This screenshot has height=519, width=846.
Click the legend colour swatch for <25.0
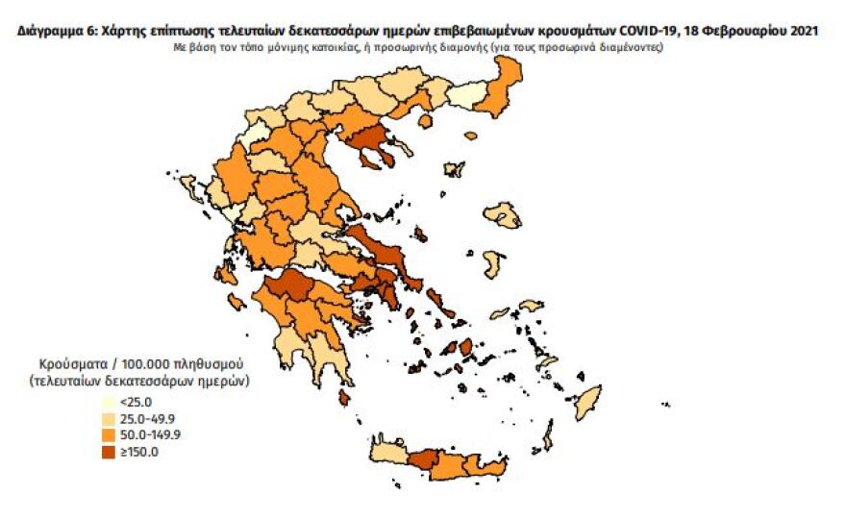(112, 403)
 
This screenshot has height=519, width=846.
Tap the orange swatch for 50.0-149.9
(112, 435)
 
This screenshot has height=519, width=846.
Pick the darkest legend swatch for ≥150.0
(112, 452)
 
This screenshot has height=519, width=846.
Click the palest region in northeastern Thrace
(466, 96)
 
